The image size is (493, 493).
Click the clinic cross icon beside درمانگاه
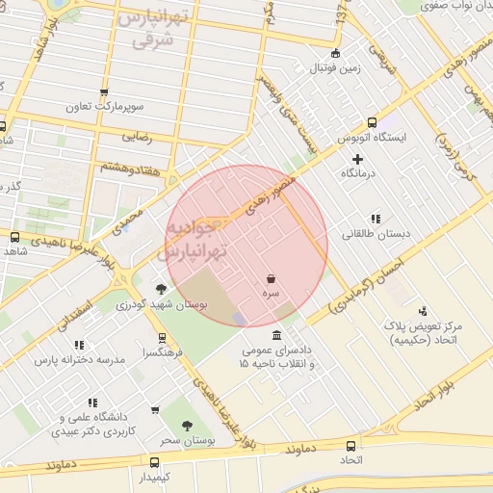point(358,158)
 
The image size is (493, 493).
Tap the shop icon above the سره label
point(272,277)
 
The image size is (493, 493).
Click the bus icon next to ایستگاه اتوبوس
point(373,122)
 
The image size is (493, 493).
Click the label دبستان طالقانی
point(376,234)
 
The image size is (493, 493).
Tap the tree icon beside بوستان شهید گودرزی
point(161,288)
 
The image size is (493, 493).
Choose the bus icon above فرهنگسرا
point(161,338)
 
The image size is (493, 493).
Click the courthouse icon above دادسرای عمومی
point(278,335)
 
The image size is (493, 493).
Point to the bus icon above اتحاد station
point(350,446)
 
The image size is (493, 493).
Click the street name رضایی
point(136,137)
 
